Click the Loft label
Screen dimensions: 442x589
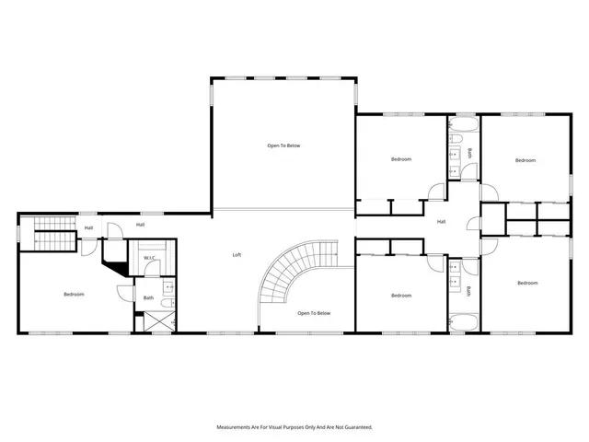coord(237,255)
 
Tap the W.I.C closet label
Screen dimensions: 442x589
coord(149,258)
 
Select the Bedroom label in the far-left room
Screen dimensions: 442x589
coord(74,295)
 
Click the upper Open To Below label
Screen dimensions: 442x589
coord(283,145)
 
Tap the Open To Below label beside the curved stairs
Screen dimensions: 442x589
coord(314,313)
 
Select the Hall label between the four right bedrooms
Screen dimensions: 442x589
coord(441,222)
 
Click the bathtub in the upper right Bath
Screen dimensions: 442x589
coord(462,123)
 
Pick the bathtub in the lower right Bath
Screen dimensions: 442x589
coord(462,322)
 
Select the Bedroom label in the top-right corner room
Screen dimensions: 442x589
coord(525,160)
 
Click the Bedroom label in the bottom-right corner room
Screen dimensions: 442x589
coord(526,283)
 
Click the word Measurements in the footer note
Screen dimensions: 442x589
coord(236,427)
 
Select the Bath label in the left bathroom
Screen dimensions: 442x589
coord(148,297)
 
